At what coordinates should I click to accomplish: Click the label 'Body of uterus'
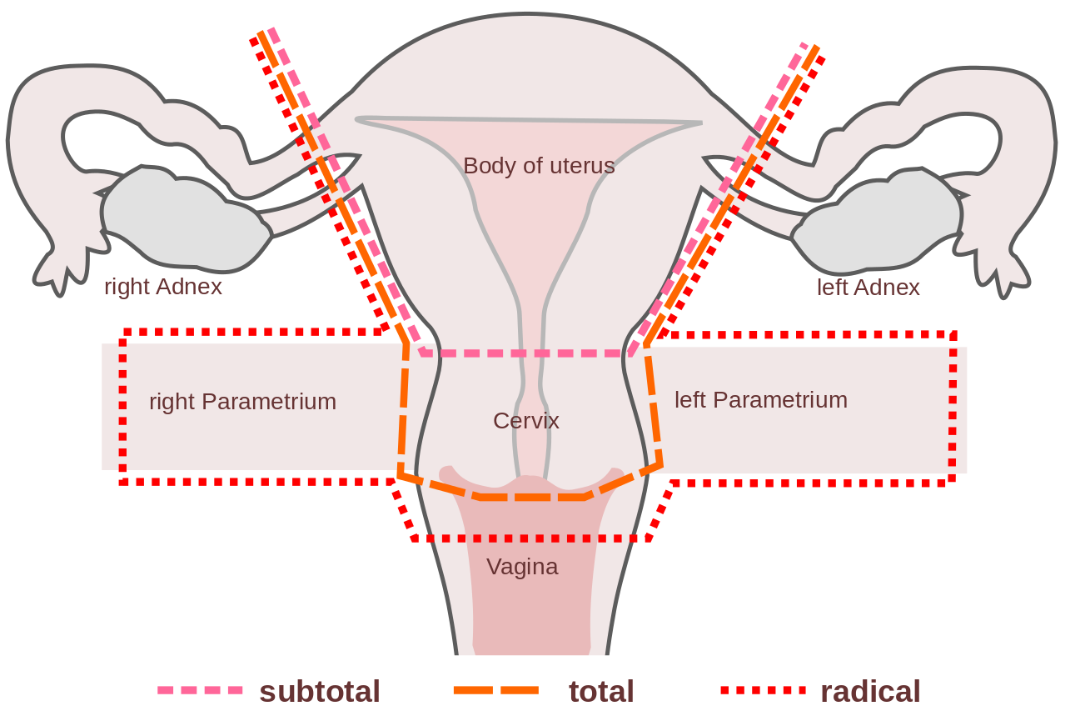pos(539,166)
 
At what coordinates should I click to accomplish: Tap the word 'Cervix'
pos(525,421)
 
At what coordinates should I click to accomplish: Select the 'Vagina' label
pos(522,567)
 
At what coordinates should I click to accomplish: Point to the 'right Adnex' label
pos(163,287)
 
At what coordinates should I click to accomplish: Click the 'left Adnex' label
pos(868,288)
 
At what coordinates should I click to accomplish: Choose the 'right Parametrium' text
pos(242,402)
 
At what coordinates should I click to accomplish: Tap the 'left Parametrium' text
pos(760,400)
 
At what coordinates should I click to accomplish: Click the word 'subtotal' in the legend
pos(319,691)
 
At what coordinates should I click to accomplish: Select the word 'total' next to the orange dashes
pos(601,691)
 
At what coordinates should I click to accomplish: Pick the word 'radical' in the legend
pos(870,691)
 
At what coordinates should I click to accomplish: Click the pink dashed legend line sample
pos(200,690)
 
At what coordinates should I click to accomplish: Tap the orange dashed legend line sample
pos(496,690)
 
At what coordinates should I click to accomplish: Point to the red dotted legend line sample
pos(763,690)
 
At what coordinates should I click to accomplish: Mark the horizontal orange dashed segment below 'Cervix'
pos(533,497)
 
